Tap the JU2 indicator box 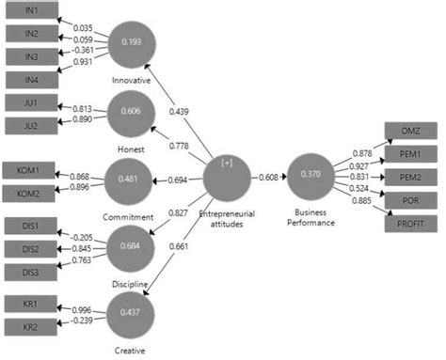pyautogui.click(x=32, y=125)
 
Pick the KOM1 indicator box pyautogui.click(x=29, y=171)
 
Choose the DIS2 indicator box pyautogui.click(x=29, y=249)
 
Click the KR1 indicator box pyautogui.click(x=29, y=305)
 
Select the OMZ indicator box pyautogui.click(x=411, y=132)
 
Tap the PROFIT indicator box pyautogui.click(x=411, y=222)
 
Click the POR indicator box pyautogui.click(x=411, y=199)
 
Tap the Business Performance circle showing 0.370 pyautogui.click(x=314, y=175)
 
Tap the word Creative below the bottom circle pyautogui.click(x=129, y=352)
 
